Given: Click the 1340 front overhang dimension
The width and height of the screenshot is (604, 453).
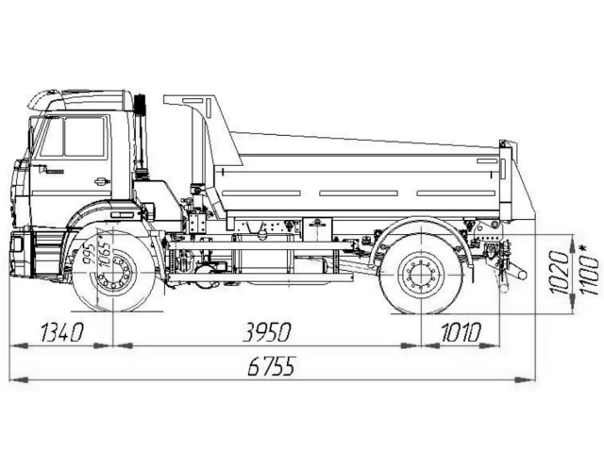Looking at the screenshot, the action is [x=62, y=332].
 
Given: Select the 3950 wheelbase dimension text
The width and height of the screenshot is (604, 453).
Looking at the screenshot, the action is [x=266, y=332].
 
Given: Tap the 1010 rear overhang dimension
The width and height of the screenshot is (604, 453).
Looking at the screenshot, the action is [x=461, y=332].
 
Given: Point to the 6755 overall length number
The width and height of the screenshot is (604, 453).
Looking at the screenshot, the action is [x=271, y=365].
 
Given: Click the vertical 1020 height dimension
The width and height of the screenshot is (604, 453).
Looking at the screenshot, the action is [x=560, y=272].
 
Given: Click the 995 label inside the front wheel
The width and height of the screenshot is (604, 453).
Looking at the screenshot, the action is [x=90, y=253].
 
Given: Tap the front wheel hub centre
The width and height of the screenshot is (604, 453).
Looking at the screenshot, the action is [x=113, y=273].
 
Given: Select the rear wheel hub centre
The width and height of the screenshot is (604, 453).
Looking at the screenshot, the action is [x=422, y=275].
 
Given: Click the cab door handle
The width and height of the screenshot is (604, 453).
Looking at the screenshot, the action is [x=103, y=181].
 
